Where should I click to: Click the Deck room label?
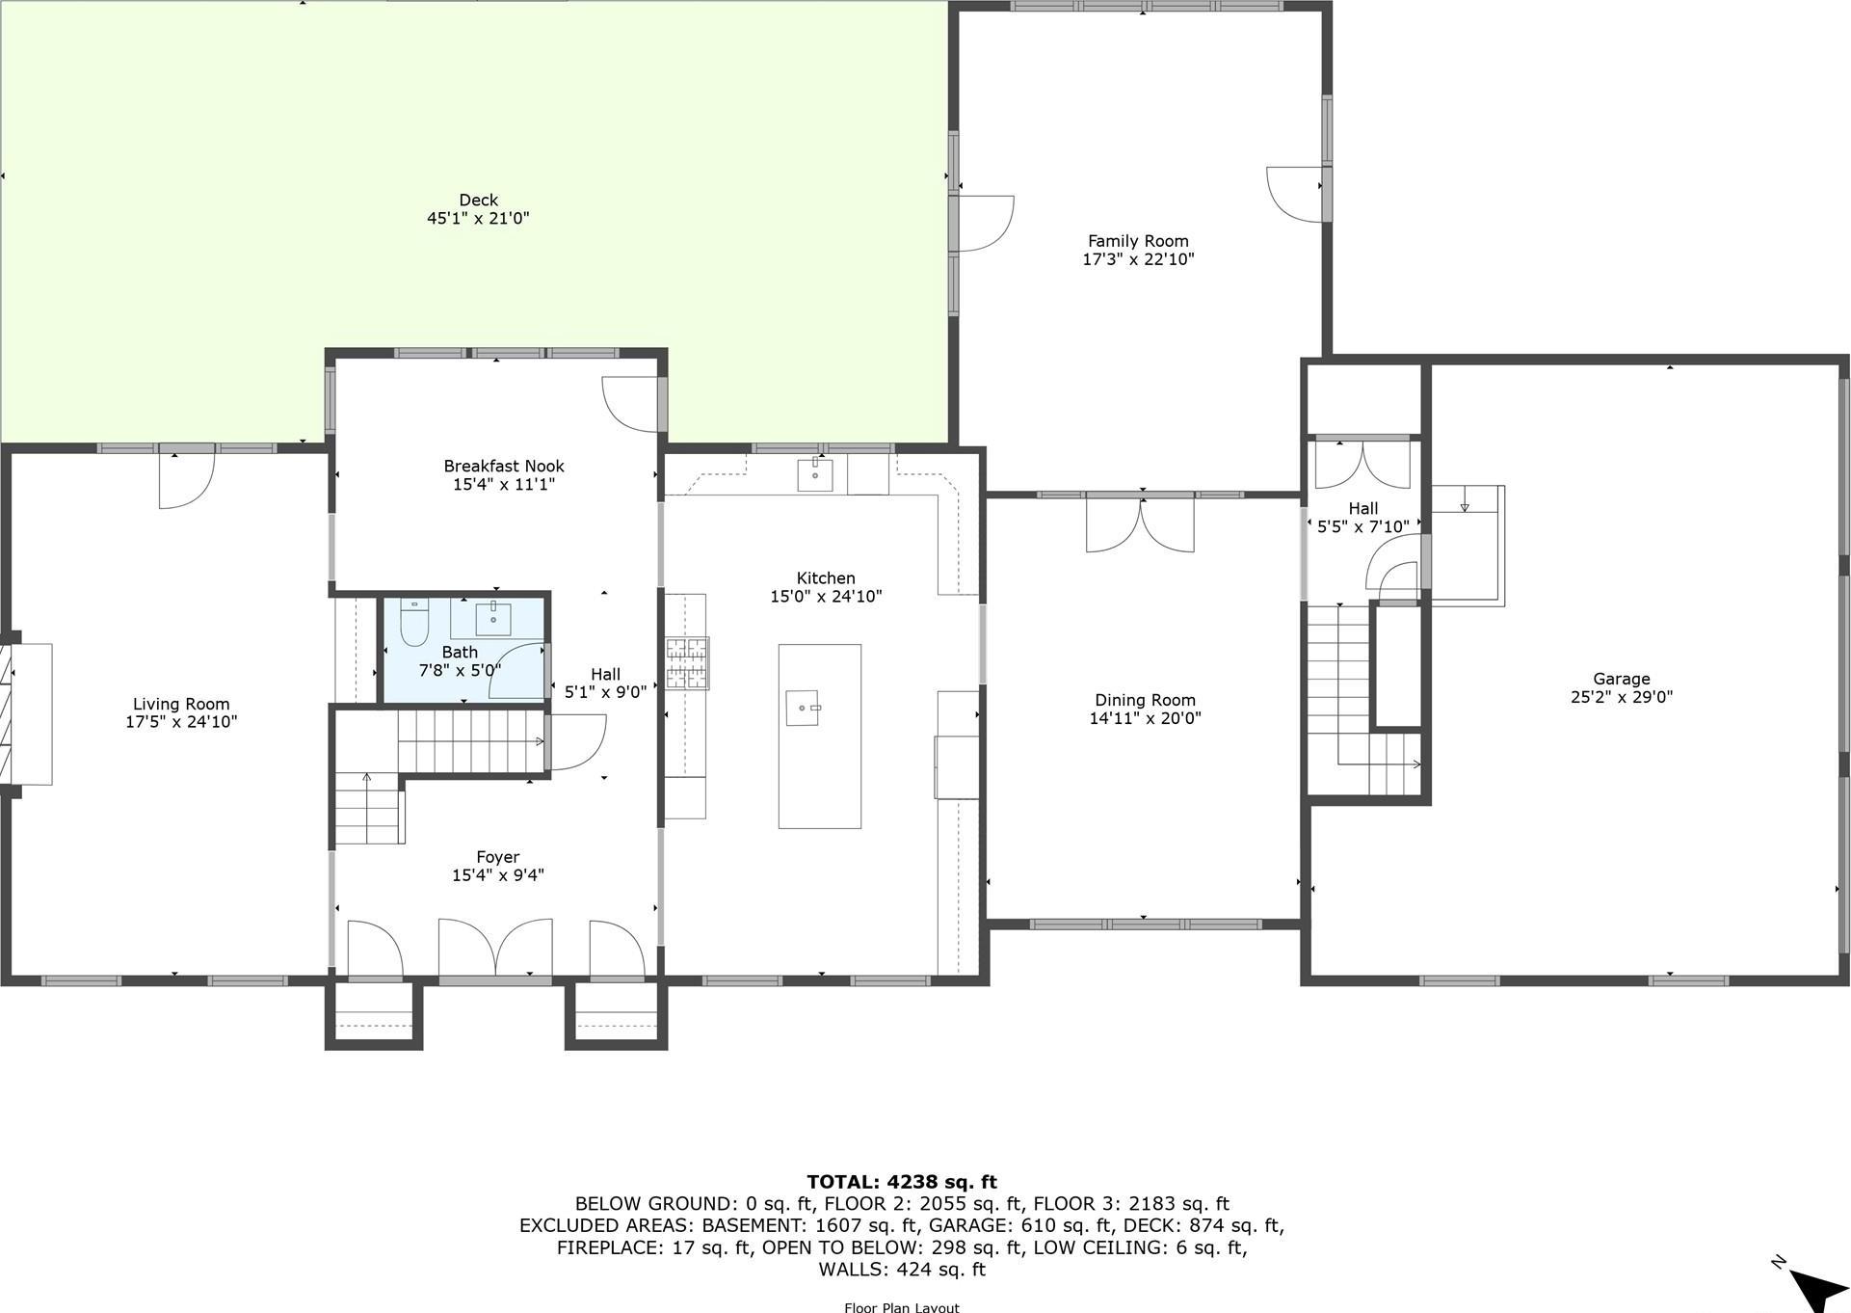(478, 201)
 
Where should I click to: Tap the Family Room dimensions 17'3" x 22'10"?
(1138, 258)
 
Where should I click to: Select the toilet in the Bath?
(414, 623)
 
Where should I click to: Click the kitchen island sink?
(802, 708)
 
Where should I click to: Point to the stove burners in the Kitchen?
(687, 663)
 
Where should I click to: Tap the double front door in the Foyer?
(495, 951)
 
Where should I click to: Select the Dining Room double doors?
(1140, 523)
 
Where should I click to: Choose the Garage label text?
(1621, 679)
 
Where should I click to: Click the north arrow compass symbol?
(1817, 1288)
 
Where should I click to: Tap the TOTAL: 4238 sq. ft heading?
(901, 1182)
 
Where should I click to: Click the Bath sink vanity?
(493, 618)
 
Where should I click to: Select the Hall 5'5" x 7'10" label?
(1362, 518)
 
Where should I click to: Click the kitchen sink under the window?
(815, 475)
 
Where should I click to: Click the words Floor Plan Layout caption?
(901, 1307)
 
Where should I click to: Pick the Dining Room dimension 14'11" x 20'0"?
(1145, 718)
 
